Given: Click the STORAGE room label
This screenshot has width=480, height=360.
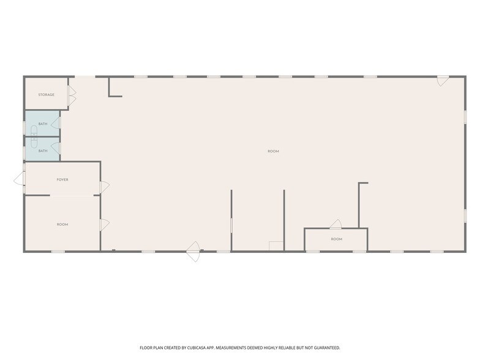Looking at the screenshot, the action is (x=47, y=95).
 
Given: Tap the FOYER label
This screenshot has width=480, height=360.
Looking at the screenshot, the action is (x=62, y=180).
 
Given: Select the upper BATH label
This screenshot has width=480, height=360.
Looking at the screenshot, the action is (x=43, y=124).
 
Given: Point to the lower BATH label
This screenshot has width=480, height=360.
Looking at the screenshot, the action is (x=43, y=151).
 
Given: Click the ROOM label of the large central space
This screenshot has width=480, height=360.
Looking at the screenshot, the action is (x=273, y=151).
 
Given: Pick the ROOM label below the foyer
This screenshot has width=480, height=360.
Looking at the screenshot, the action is (x=62, y=224).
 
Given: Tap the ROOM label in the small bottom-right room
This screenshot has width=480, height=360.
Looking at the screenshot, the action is (x=337, y=239).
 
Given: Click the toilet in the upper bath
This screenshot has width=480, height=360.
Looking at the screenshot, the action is (x=34, y=131).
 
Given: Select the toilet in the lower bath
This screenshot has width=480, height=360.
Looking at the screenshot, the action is (x=34, y=142).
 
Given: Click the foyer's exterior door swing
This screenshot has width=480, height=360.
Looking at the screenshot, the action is (x=19, y=179).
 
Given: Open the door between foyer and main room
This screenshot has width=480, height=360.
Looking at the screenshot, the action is (x=104, y=187).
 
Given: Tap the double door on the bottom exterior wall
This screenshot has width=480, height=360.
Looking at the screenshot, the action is (x=193, y=252).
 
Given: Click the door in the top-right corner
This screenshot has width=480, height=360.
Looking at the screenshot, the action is (x=443, y=81).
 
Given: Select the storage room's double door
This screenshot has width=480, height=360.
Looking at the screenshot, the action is (x=72, y=96).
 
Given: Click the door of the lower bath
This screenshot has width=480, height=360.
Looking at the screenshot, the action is (x=56, y=148).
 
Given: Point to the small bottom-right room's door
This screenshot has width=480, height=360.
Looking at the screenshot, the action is (x=336, y=224).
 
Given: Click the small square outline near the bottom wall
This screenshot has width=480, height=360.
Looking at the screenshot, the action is (x=276, y=246).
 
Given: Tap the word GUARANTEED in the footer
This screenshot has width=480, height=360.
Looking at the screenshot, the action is (x=328, y=348).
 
